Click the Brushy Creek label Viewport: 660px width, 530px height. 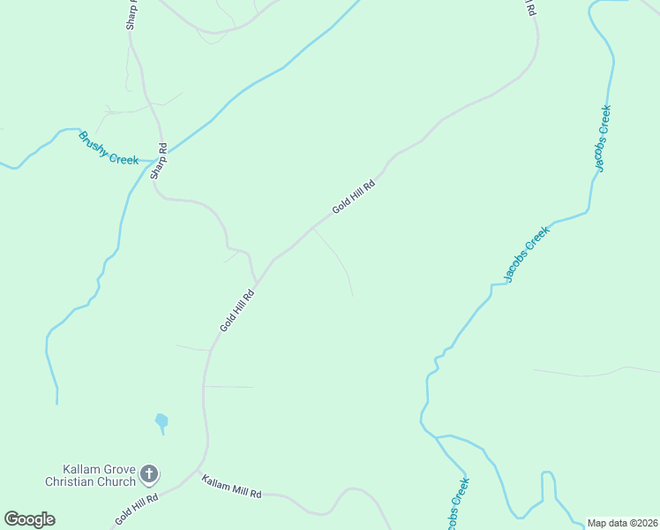[109, 148]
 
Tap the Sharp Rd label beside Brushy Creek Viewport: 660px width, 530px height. [159, 161]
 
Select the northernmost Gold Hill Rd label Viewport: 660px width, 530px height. [354, 196]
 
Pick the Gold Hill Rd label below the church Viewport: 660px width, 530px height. [136, 511]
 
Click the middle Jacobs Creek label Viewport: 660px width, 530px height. [527, 254]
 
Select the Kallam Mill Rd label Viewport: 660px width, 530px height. [231, 487]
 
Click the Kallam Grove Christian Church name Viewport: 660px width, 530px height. [92, 475]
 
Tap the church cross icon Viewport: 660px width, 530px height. [149, 475]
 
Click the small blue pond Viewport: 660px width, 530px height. [161, 422]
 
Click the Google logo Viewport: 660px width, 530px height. [29, 519]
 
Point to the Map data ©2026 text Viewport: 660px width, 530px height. [622, 522]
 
